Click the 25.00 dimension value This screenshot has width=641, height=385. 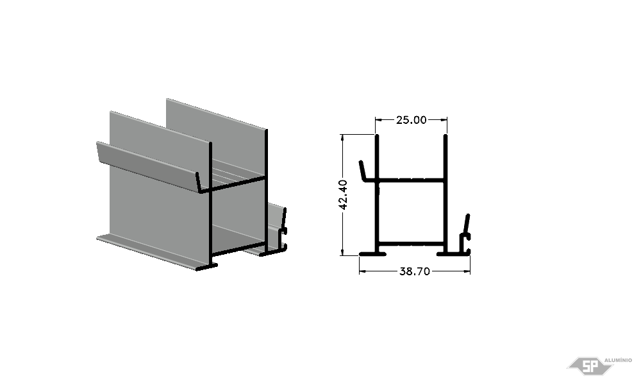click(x=411, y=120)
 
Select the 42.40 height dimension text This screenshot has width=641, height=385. click(x=344, y=195)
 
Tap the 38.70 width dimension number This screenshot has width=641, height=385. click(x=415, y=271)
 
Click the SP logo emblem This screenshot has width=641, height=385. click(x=590, y=366)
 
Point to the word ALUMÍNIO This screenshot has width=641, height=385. click(x=618, y=360)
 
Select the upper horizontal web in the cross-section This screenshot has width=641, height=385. click(x=411, y=180)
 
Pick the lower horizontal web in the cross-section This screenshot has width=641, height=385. click(x=411, y=244)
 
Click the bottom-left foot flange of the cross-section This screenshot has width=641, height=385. click(x=372, y=254)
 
